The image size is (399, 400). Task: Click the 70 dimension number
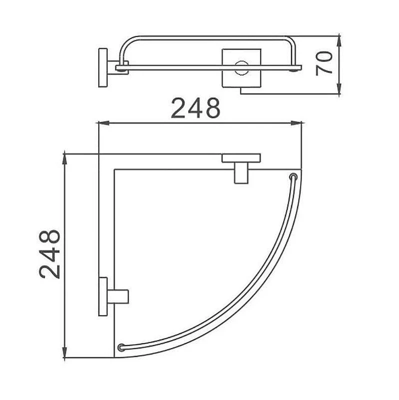point(324,63)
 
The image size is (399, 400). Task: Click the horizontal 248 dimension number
point(195,108)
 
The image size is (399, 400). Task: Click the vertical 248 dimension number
point(49,254)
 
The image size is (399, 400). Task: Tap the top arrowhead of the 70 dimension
point(339,41)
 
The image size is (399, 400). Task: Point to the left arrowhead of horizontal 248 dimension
point(104,123)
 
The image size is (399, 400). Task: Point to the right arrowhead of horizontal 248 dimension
point(296,123)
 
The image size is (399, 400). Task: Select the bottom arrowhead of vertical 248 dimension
point(65,352)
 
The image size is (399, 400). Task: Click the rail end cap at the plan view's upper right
point(294,177)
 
